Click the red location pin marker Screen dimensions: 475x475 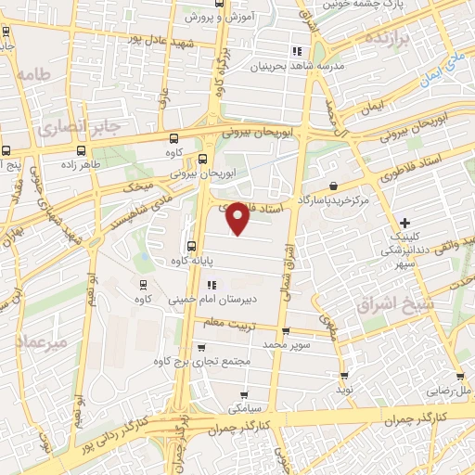point(238,217)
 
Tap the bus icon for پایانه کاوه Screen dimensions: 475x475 point(192,246)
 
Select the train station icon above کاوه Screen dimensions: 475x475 point(142,284)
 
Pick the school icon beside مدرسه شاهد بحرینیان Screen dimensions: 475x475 point(296,50)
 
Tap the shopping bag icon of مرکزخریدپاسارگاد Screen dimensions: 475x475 point(333,186)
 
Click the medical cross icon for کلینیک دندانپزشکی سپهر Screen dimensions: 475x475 point(404,223)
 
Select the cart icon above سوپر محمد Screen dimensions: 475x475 point(285,330)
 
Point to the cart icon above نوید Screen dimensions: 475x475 point(344,375)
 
